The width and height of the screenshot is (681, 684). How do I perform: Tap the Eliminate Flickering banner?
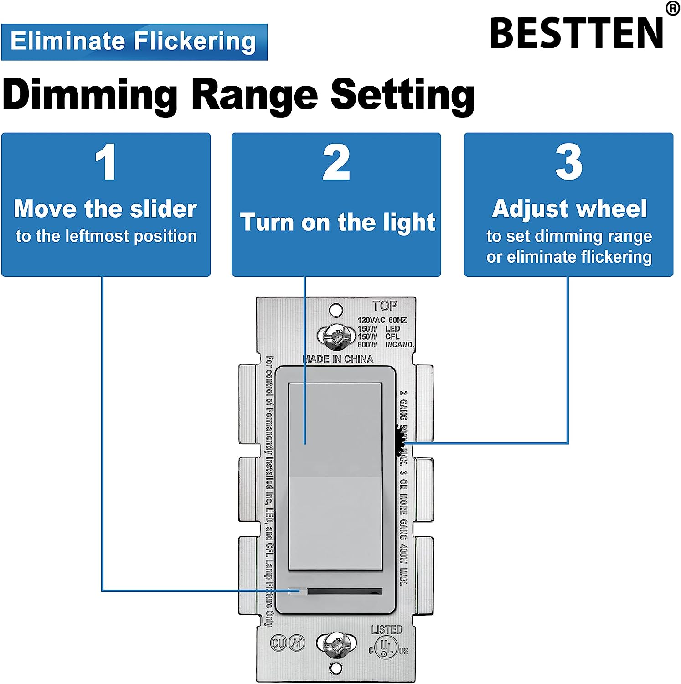tap(134, 41)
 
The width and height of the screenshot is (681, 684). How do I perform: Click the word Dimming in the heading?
tap(90, 94)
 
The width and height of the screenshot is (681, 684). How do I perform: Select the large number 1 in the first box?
tap(106, 162)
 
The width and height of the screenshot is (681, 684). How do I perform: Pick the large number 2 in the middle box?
tap(336, 162)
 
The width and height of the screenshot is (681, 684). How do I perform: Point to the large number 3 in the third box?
tap(568, 162)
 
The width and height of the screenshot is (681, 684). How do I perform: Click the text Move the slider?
tap(105, 209)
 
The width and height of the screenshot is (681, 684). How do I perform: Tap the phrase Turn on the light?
tap(338, 223)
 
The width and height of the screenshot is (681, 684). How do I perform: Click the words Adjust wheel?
tap(569, 209)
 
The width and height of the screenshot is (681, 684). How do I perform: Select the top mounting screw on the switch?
tap(336, 337)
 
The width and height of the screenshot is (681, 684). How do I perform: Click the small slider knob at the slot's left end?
tap(298, 591)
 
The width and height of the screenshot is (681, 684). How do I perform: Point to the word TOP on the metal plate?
tap(385, 306)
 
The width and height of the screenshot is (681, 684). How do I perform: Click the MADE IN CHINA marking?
tap(338, 359)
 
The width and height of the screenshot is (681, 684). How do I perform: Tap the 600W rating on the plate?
tap(367, 345)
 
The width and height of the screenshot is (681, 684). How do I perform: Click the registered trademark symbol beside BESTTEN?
tap(673, 8)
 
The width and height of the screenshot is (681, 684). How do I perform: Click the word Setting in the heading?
tap(402, 94)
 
